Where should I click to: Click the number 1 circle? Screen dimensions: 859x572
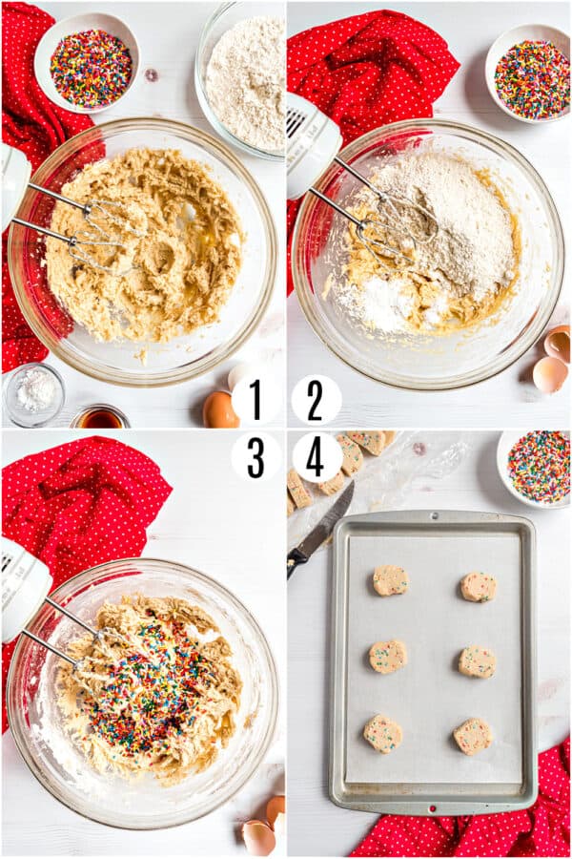[x=255, y=400]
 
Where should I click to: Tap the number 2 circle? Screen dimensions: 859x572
[x=317, y=400]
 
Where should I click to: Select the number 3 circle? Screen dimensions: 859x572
[x=255, y=457]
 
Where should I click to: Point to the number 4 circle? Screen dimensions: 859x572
[x=317, y=457]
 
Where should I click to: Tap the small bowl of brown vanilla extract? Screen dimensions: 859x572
[x=100, y=417]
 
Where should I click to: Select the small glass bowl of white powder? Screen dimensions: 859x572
[x=34, y=392]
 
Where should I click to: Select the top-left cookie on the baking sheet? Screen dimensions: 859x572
[x=390, y=579]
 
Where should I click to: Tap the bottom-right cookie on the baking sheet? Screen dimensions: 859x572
[x=473, y=736]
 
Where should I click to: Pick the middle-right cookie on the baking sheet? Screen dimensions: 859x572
[x=477, y=660]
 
